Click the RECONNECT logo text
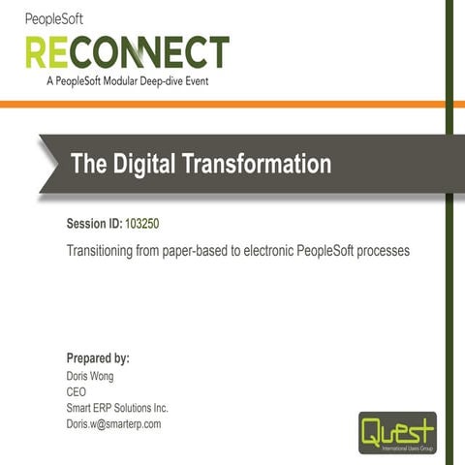[x=127, y=52]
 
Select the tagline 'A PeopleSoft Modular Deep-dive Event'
[x=127, y=81]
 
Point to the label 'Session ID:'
[x=94, y=224]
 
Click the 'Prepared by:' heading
[x=98, y=358]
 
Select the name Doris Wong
[x=90, y=376]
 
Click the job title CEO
[x=77, y=391]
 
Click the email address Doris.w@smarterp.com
[x=113, y=423]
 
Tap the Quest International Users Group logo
[x=397, y=432]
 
